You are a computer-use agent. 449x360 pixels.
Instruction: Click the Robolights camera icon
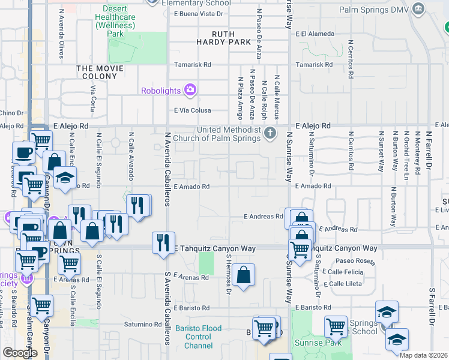coord(190,90)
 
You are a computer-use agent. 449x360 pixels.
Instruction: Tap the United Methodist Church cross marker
coord(270,133)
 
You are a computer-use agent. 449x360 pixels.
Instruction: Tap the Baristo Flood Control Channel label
coord(198,337)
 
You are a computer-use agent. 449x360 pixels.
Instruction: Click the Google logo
coord(20,353)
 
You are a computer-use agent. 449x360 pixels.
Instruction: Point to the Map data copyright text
coord(424,355)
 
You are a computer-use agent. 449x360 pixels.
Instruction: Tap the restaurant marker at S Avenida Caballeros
coord(163,243)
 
